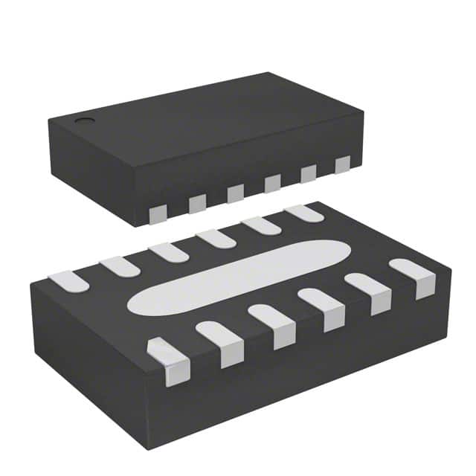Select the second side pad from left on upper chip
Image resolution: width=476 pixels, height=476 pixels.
(x=197, y=204)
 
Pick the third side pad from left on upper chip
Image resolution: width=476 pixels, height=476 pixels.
(x=235, y=193)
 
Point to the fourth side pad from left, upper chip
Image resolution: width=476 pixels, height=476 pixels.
(x=272, y=183)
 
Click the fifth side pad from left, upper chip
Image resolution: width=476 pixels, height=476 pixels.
(x=308, y=173)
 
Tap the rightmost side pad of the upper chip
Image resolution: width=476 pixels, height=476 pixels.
(x=342, y=164)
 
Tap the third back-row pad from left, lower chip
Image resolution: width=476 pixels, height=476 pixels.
(x=168, y=252)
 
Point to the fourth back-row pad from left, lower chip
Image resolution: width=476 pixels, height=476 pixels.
(x=216, y=239)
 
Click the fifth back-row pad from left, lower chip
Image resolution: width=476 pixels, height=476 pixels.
(x=261, y=225)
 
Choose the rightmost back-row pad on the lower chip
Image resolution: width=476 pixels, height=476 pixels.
(x=304, y=213)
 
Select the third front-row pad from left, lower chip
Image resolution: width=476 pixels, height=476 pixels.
(x=273, y=324)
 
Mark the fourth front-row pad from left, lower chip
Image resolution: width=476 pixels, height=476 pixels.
(x=322, y=308)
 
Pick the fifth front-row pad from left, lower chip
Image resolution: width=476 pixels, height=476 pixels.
(x=369, y=292)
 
